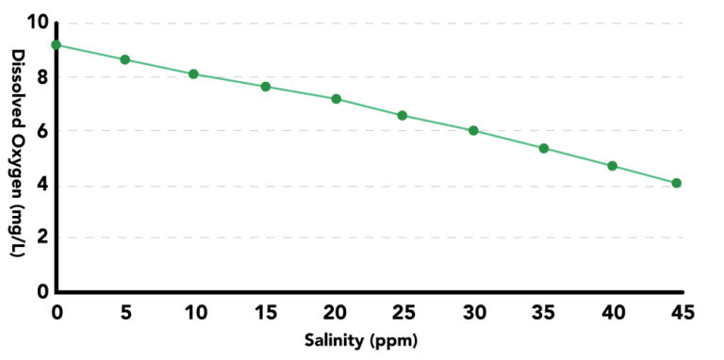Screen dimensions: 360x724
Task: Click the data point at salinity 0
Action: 57,44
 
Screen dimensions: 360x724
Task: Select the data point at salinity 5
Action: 124,59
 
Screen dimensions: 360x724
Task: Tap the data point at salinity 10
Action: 193,74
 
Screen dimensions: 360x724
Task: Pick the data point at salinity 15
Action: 266,87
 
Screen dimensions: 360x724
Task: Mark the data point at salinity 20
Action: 336,99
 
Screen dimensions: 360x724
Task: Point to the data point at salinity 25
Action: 403,116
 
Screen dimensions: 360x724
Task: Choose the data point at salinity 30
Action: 473,131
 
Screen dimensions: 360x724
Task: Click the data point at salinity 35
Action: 544,148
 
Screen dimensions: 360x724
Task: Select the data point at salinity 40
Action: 612,166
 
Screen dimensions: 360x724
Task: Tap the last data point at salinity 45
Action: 677,183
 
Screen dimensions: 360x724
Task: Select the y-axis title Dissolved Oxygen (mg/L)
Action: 18,156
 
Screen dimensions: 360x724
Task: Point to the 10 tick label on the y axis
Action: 35,22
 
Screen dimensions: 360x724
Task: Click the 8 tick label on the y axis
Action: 41,76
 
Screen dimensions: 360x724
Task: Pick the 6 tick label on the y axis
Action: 41,130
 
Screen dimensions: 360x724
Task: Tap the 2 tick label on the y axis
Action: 41,237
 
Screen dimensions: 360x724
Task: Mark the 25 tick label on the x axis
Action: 403,311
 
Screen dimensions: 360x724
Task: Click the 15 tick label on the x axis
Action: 265,311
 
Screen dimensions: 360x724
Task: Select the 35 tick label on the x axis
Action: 544,311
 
